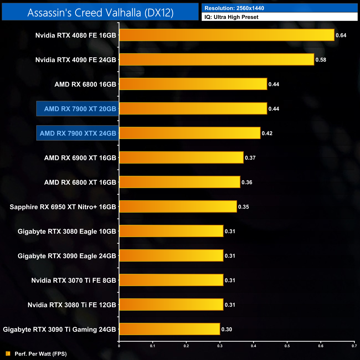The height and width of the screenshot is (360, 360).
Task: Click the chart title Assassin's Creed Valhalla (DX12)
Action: click(x=100, y=13)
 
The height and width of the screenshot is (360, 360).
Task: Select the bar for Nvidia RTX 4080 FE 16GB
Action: click(x=227, y=35)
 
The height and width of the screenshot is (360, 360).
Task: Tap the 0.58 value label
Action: click(x=321, y=60)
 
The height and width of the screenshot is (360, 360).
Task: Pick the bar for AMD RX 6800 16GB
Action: click(x=193, y=84)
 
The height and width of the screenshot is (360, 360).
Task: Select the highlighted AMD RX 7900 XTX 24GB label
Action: click(x=78, y=133)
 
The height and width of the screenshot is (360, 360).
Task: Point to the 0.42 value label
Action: click(x=267, y=133)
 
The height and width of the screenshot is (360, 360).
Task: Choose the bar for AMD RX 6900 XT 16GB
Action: click(x=181, y=158)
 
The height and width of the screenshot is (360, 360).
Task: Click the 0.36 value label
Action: click(x=247, y=182)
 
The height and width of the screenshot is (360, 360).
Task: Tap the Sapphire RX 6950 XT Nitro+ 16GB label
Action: click(x=63, y=207)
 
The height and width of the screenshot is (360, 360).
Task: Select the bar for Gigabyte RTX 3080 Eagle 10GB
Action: click(x=171, y=231)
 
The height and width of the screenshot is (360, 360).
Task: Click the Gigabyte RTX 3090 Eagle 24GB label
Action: click(x=67, y=256)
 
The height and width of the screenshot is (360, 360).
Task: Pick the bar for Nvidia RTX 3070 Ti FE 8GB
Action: click(x=171, y=280)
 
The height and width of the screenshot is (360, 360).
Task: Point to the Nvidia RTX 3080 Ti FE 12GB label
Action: click(x=72, y=305)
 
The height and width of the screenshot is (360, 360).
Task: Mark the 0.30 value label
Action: click(x=227, y=330)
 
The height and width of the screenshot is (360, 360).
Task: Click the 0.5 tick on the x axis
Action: click(x=287, y=346)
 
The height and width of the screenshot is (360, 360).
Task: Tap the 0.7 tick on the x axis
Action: click(x=354, y=346)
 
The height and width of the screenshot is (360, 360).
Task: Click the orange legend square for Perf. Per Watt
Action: click(x=8, y=354)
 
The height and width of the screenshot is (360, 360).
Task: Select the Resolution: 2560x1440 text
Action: click(x=234, y=8)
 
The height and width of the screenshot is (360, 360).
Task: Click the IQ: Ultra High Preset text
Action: click(x=231, y=17)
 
